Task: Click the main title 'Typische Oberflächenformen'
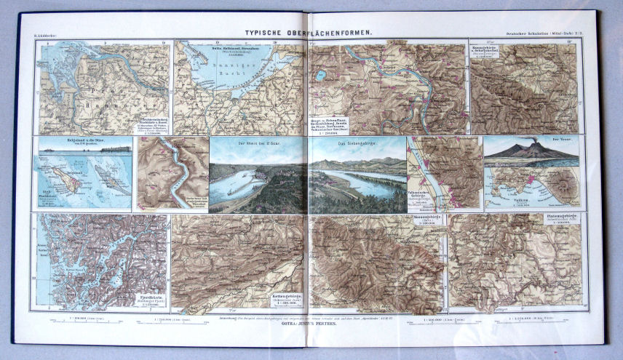tap(309, 33)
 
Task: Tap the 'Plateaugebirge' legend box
tap(563, 220)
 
